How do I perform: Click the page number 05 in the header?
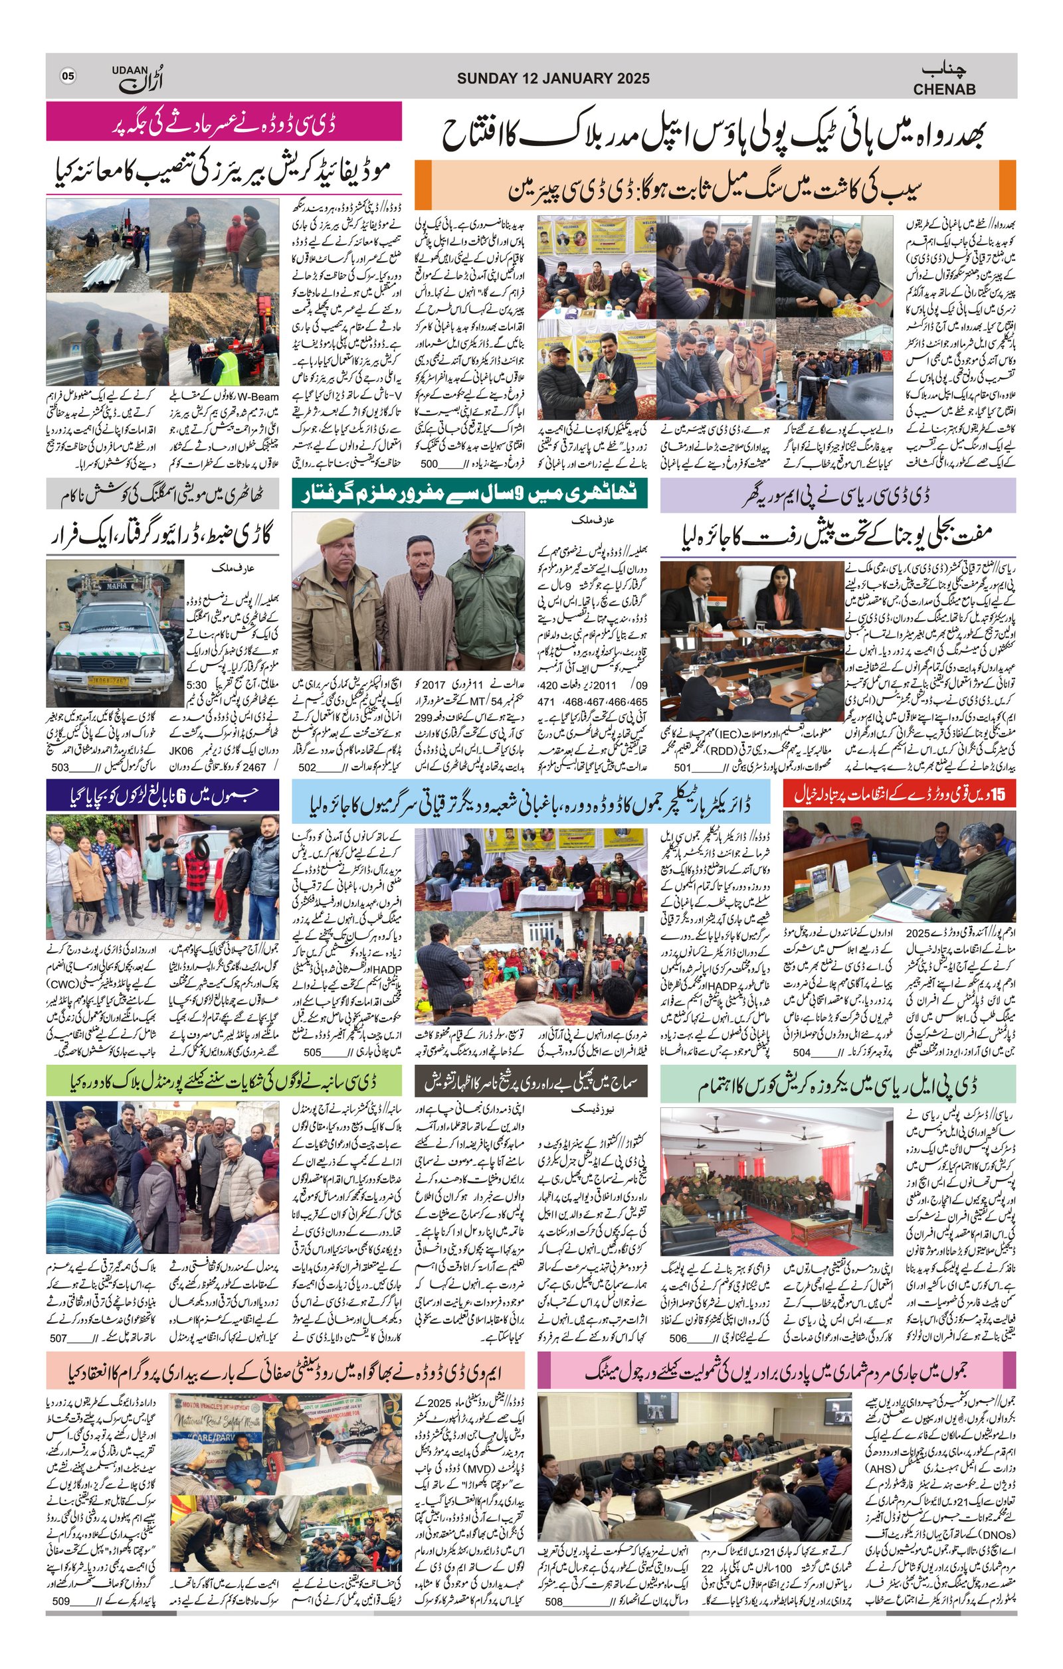pos(68,76)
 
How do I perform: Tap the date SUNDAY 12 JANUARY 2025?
pos(553,78)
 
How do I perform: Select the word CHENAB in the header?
pos(943,89)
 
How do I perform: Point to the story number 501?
pos(683,767)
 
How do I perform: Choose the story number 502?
pos(307,767)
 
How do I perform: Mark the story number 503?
pos(61,767)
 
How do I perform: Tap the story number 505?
pos(312,1052)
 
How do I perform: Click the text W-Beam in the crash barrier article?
pos(258,397)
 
